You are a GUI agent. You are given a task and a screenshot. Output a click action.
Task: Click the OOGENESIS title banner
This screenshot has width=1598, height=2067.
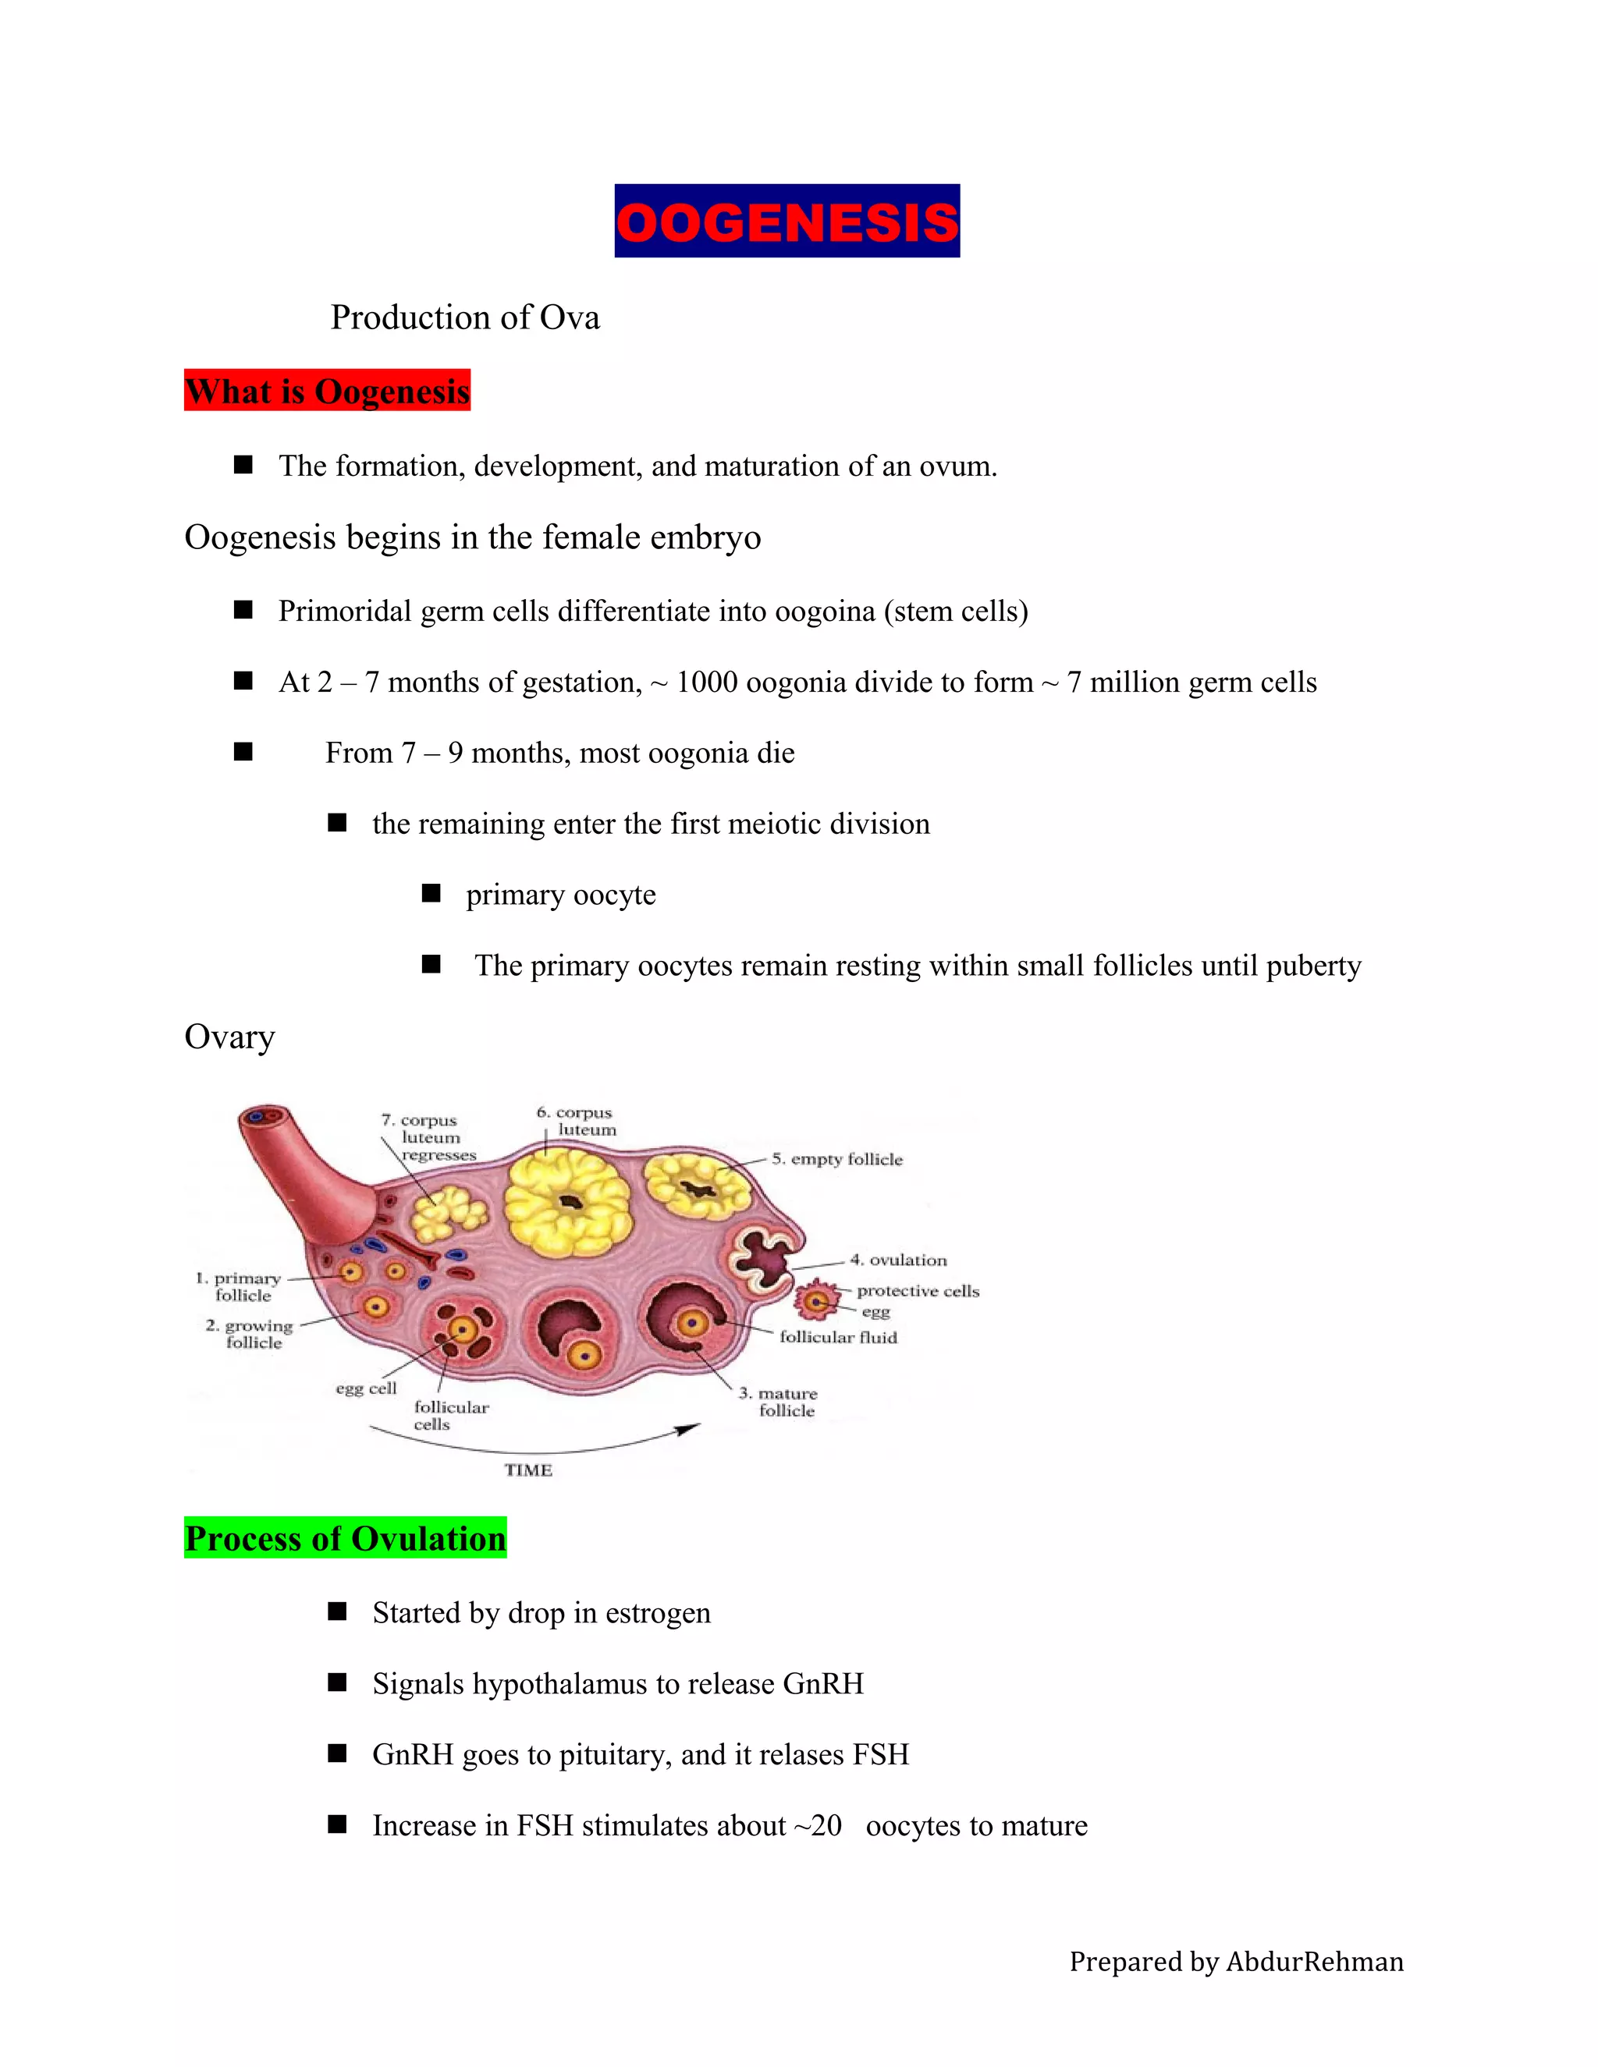(787, 221)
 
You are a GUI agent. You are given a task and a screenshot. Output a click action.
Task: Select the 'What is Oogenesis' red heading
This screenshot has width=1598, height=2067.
(327, 391)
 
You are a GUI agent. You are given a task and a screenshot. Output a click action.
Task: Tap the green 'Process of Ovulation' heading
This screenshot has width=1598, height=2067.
(346, 1538)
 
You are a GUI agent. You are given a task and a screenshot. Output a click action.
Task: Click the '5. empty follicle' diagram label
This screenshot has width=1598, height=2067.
(837, 1159)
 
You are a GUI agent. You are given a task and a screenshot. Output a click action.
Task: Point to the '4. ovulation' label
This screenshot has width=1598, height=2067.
(898, 1260)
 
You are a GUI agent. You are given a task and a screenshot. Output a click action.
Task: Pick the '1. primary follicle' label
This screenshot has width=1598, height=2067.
(240, 1286)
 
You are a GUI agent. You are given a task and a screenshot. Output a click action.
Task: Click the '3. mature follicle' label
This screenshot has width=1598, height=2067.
(779, 1402)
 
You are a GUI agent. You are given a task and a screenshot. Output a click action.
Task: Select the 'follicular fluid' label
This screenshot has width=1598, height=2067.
(838, 1337)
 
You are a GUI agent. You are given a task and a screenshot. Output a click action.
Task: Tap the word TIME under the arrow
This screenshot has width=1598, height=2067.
(528, 1470)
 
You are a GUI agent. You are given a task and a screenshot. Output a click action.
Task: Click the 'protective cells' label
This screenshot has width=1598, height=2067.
(918, 1291)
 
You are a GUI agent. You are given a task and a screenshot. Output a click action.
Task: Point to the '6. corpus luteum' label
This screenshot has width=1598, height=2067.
(577, 1121)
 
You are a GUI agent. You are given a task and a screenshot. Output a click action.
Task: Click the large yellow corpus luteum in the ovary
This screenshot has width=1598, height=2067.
(567, 1202)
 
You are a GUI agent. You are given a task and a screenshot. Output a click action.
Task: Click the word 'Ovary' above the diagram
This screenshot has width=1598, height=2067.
(229, 1037)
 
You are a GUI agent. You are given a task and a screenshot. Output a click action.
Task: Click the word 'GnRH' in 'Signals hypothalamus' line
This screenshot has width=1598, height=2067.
(822, 1684)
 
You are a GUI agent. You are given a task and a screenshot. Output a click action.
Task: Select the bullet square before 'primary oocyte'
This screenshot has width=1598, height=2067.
(431, 893)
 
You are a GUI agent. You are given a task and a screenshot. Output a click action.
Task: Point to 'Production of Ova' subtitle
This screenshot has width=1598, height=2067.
(465, 317)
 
